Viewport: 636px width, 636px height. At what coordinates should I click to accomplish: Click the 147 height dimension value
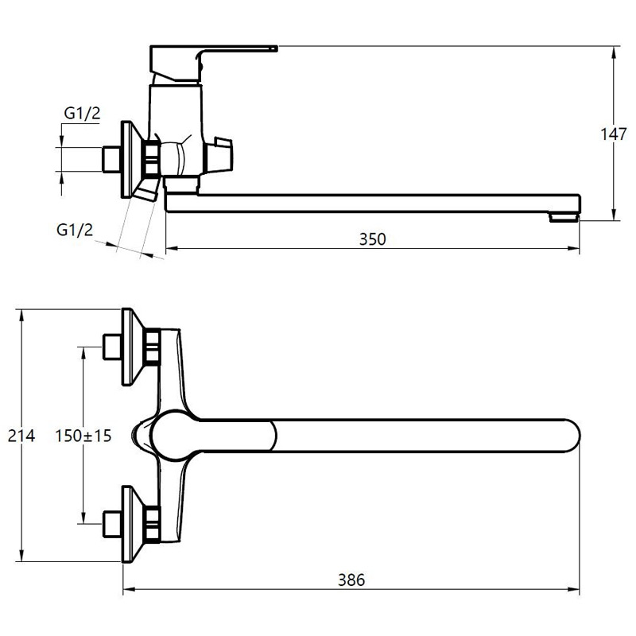pos(613,134)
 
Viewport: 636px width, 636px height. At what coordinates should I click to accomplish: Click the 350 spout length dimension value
pos(372,239)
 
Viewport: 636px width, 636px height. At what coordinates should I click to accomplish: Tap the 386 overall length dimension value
pos(351,580)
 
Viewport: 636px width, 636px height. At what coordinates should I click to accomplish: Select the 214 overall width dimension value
pos(21,436)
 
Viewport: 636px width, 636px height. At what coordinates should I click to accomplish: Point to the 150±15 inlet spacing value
pos(83,436)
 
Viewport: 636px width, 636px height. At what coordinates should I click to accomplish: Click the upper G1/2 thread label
pos(82,113)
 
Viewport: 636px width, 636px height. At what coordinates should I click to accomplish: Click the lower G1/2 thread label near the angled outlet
pos(75,230)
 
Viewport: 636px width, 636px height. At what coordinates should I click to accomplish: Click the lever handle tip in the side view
pos(274,48)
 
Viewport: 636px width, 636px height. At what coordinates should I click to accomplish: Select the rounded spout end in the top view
pos(572,436)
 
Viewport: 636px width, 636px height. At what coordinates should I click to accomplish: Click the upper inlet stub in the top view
pos(111,347)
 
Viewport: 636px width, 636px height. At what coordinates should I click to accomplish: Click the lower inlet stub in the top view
pos(111,525)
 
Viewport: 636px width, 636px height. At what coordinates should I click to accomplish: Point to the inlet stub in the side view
pos(111,160)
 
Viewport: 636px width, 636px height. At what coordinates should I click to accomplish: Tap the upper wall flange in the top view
pos(133,347)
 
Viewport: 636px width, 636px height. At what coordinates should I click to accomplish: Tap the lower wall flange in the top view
pos(133,524)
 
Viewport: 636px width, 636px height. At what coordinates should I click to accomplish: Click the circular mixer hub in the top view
pos(173,436)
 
